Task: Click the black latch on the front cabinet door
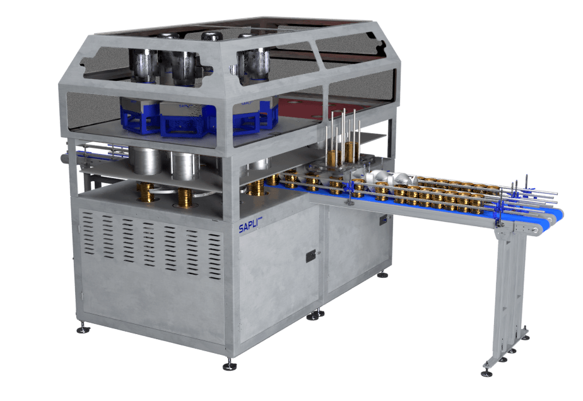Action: (312, 256)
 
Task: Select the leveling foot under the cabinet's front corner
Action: (230, 364)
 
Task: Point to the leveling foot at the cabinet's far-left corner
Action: (83, 328)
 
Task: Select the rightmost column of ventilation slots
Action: (215, 256)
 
